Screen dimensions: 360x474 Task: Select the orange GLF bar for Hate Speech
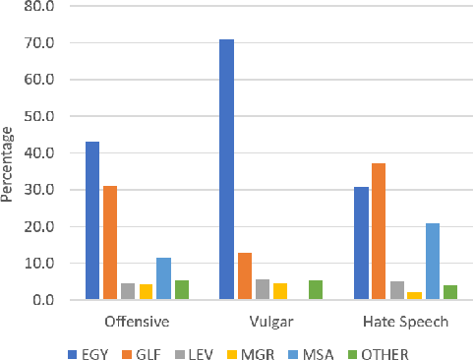(x=379, y=231)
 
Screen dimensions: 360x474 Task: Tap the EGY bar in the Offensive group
(x=92, y=220)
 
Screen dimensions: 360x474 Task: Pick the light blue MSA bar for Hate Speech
(x=433, y=262)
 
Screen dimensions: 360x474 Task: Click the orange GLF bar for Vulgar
(x=245, y=276)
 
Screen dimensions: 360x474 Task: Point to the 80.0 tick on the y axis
(x=42, y=7)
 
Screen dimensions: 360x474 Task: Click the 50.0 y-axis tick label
(x=42, y=116)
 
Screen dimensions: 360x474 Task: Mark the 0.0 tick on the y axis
(x=45, y=299)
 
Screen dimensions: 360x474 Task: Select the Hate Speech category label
(x=405, y=322)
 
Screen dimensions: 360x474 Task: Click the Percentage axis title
(x=9, y=162)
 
